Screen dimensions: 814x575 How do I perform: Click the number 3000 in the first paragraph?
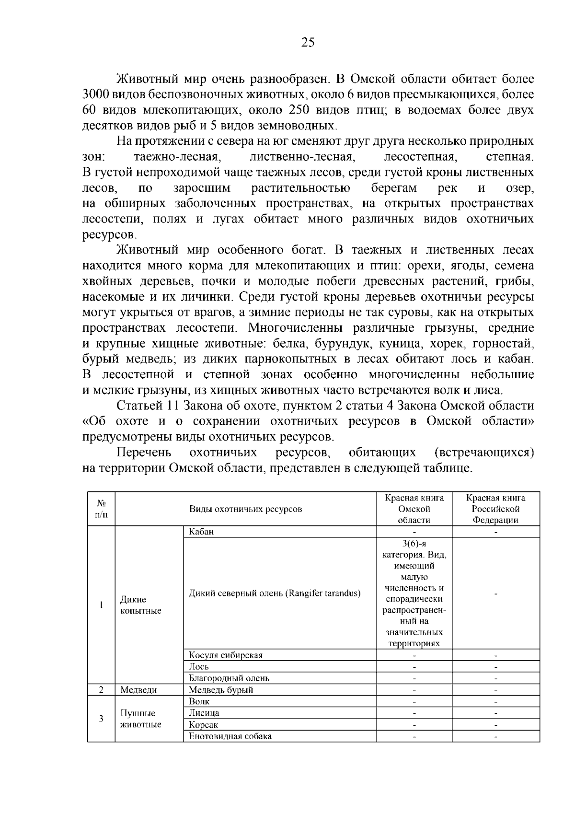coord(99,94)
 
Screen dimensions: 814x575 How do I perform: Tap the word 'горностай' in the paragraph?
coord(503,344)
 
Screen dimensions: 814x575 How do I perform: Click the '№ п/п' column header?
coord(101,509)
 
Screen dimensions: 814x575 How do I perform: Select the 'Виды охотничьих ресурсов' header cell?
coord(246,509)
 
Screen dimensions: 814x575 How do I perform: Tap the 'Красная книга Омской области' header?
coord(414,509)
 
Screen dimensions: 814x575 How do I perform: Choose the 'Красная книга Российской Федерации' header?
coord(496,509)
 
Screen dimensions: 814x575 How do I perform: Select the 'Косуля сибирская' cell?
coord(226,655)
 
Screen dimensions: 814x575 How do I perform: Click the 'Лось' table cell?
coord(199,667)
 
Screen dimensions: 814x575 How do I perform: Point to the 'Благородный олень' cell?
coord(229,678)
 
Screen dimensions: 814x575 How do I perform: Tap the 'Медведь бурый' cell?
coord(221,690)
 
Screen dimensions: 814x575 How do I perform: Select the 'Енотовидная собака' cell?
coord(230,736)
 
